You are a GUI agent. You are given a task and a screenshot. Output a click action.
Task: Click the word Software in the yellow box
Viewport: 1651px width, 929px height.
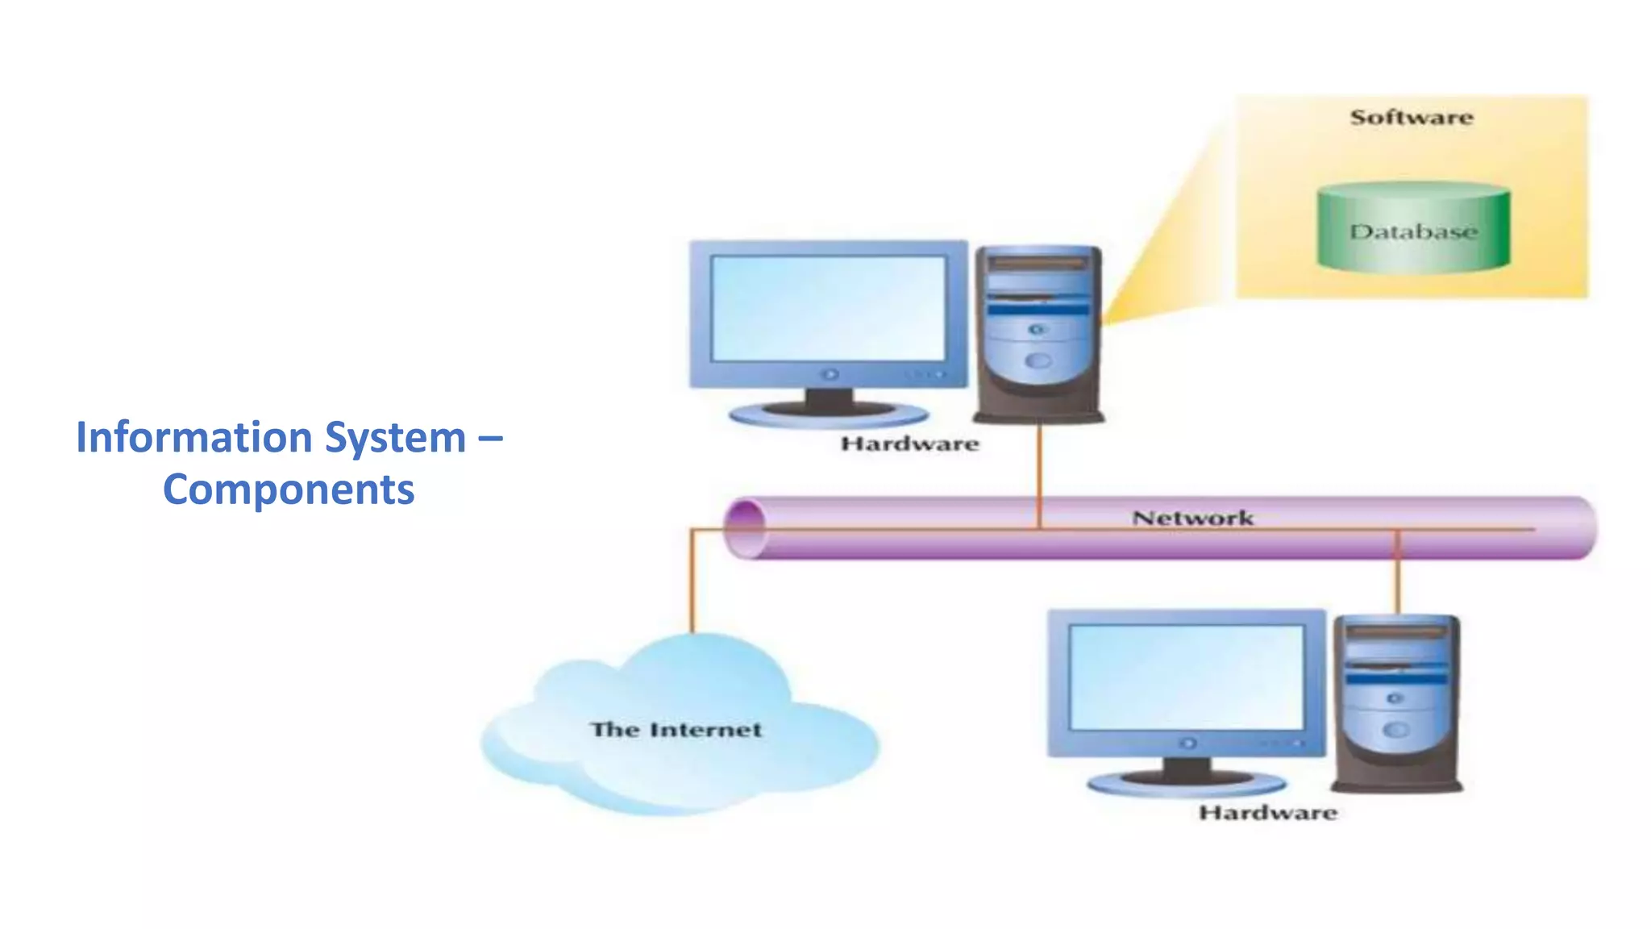pyautogui.click(x=1412, y=118)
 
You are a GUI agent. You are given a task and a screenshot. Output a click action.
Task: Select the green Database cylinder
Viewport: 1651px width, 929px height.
pyautogui.click(x=1413, y=228)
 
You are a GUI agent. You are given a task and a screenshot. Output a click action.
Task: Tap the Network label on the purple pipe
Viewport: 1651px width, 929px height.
pyautogui.click(x=1192, y=518)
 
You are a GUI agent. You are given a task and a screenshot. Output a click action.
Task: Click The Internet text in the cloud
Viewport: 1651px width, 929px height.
pyautogui.click(x=676, y=730)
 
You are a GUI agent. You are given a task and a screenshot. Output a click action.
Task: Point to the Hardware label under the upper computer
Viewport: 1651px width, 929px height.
pyautogui.click(x=909, y=444)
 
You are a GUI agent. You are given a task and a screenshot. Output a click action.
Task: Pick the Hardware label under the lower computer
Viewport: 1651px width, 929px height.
pyautogui.click(x=1267, y=812)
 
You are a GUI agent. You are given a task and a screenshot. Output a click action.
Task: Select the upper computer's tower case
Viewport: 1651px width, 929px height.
pyautogui.click(x=1038, y=335)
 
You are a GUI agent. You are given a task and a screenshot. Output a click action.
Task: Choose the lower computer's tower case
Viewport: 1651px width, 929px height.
pyautogui.click(x=1396, y=703)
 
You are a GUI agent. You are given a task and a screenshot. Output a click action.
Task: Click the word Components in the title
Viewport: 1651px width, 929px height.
pyautogui.click(x=289, y=490)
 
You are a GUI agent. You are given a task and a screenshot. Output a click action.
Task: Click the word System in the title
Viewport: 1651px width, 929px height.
pyautogui.click(x=395, y=438)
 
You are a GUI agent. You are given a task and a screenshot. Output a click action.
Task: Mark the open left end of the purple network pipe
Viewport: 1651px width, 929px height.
pyautogui.click(x=746, y=529)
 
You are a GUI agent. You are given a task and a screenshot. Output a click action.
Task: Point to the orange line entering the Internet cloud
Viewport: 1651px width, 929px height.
pyautogui.click(x=692, y=589)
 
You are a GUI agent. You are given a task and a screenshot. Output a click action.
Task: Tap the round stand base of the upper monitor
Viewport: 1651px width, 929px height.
pyautogui.click(x=829, y=415)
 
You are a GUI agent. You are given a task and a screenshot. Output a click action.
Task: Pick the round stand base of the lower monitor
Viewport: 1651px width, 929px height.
pyautogui.click(x=1187, y=783)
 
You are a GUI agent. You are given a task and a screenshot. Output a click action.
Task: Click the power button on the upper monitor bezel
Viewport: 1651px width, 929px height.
pyautogui.click(x=830, y=374)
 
